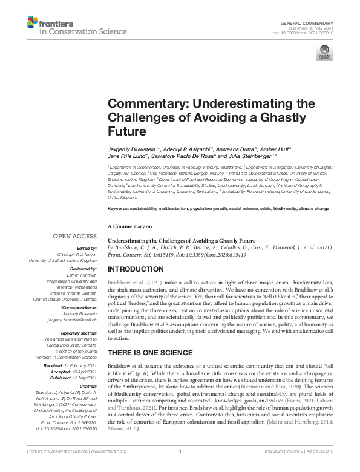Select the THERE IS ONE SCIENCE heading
[x=150, y=352]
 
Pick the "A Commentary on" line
[x=129, y=226]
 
